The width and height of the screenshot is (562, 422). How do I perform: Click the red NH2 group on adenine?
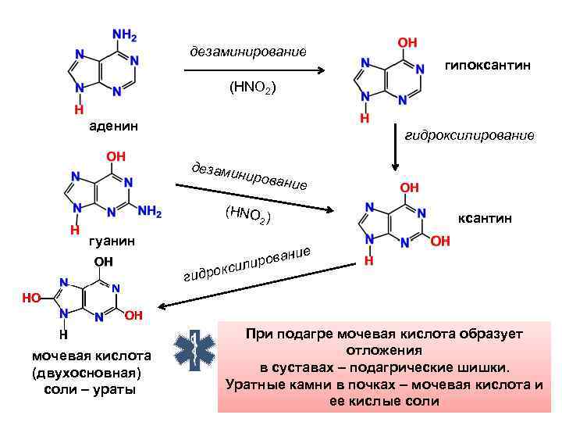pyautogui.click(x=126, y=36)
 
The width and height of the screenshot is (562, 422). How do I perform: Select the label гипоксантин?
pyautogui.click(x=488, y=66)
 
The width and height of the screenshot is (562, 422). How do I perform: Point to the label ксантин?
pyautogui.click(x=485, y=219)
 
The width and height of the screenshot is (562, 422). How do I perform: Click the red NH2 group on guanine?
pyautogui.click(x=149, y=212)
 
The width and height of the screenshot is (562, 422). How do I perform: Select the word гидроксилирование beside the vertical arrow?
pyautogui.click(x=470, y=135)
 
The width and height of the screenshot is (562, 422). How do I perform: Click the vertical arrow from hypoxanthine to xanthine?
pyautogui.click(x=396, y=154)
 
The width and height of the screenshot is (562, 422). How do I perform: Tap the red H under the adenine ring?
pyautogui.click(x=79, y=110)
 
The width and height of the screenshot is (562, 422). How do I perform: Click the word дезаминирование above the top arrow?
pyautogui.click(x=248, y=52)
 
